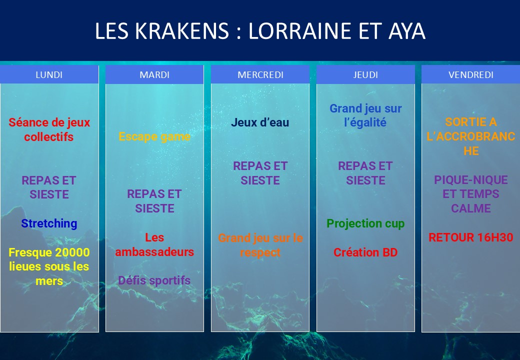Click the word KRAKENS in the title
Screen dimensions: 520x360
click(181, 31)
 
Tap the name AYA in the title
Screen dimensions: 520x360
click(406, 31)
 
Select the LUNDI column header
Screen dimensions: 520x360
click(49, 74)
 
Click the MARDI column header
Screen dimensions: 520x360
click(154, 74)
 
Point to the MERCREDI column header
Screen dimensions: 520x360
click(260, 74)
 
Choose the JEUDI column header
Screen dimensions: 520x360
click(365, 74)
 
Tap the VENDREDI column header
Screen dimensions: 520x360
click(471, 74)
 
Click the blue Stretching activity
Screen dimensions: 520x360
click(49, 224)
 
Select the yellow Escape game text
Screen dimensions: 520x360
click(154, 136)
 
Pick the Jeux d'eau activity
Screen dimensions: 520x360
click(260, 122)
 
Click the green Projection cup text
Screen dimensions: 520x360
click(365, 224)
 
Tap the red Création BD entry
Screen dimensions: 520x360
click(365, 252)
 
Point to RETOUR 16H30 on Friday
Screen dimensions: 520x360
click(471, 237)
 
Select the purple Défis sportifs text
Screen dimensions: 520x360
click(154, 281)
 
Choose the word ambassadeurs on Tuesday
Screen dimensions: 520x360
click(154, 252)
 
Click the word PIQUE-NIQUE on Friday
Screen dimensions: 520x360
click(471, 180)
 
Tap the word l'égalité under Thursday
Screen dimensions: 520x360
click(365, 122)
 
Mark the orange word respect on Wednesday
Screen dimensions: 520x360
click(260, 253)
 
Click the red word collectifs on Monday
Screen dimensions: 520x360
click(49, 137)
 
